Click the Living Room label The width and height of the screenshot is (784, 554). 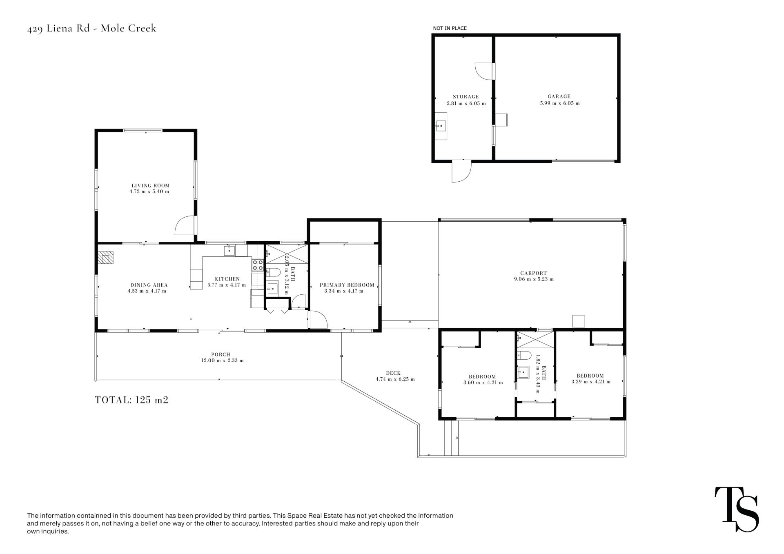point(150,185)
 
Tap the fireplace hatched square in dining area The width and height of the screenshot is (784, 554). point(106,258)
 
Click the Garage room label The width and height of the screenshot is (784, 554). point(559,97)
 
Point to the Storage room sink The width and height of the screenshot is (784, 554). point(441,126)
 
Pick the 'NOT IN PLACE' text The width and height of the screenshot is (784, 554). point(450,28)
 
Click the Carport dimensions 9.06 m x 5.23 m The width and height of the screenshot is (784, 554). point(534,279)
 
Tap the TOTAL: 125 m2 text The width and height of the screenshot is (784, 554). point(131,400)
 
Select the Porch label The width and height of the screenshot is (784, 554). point(221,354)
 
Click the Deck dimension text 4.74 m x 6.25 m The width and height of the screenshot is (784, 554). point(395,379)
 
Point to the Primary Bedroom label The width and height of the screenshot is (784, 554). point(347,285)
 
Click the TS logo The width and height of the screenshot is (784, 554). point(737,510)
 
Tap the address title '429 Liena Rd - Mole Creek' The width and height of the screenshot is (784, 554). point(92,29)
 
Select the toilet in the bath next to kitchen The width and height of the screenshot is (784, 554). point(273,272)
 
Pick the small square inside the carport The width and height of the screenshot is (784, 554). point(579,321)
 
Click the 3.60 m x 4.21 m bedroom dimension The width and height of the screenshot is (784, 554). point(483,383)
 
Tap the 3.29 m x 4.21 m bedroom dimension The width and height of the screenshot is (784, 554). point(591,382)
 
